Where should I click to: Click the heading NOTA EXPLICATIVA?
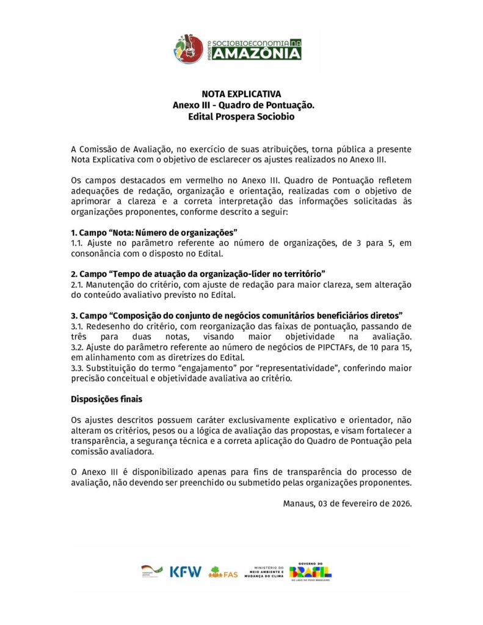pos(241,94)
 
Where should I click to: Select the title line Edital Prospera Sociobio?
pos(241,116)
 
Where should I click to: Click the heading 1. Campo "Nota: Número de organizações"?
pos(154,233)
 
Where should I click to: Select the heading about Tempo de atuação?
pos(198,274)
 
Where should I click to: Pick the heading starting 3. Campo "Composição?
pos(236,315)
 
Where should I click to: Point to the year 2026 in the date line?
pos(400,504)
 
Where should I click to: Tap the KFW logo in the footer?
pos(186,572)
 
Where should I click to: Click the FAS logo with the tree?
pos(223,573)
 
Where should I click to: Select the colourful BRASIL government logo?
pos(311,572)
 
